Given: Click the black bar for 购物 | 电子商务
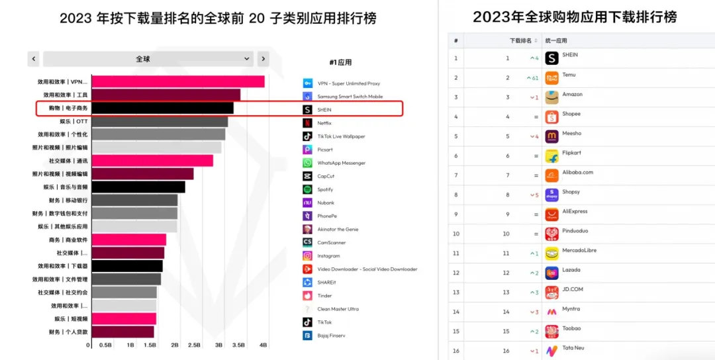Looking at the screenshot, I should (162, 108).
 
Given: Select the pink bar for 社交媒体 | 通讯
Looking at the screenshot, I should (152, 161).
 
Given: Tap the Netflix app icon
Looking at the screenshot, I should (307, 123).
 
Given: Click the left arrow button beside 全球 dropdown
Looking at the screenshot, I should (33, 59).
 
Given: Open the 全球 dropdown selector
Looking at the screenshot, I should (148, 59).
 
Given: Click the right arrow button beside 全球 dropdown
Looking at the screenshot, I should (263, 59).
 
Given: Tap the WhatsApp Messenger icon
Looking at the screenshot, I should (307, 163).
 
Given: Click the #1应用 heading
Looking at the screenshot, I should (340, 62).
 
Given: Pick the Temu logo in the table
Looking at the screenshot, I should (551, 78).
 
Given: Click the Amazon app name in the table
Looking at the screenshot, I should (573, 95).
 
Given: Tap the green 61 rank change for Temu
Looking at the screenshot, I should (532, 78).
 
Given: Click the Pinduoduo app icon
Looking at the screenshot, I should (551, 234).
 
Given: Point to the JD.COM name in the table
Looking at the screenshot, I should (573, 289).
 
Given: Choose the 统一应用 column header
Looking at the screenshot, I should (556, 40).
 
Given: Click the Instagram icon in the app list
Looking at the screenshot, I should (307, 255).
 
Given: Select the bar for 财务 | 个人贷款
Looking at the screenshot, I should (122, 332).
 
